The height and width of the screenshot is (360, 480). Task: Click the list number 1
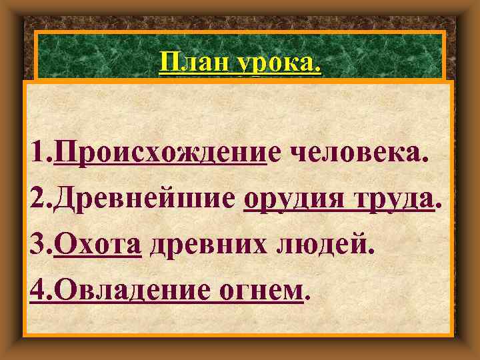coord(37,156)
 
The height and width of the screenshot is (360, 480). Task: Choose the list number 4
coord(37,289)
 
